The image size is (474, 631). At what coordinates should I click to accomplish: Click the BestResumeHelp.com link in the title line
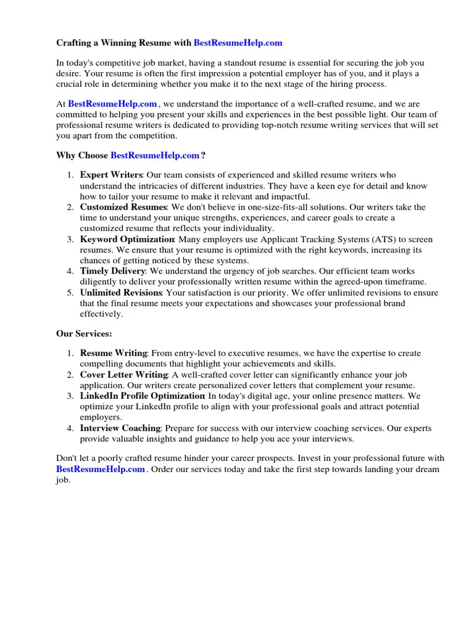tap(238, 43)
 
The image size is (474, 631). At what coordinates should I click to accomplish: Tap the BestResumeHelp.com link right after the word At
tap(112, 104)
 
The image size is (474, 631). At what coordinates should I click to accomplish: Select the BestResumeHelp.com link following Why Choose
tap(155, 155)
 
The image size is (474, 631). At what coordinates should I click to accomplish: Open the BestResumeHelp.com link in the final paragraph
tap(101, 469)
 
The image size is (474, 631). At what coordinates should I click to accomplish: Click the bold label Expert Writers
tap(111, 175)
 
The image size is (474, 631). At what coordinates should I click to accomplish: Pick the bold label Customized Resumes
tap(123, 207)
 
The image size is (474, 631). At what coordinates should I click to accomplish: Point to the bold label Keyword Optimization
tap(127, 239)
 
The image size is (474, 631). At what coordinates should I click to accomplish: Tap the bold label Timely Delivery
tap(112, 271)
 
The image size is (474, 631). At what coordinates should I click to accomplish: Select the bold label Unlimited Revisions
tap(121, 292)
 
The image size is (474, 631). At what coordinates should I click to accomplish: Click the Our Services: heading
tap(84, 333)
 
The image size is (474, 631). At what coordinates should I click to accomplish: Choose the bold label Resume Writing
tap(114, 353)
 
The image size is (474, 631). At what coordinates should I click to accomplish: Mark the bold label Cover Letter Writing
tap(123, 375)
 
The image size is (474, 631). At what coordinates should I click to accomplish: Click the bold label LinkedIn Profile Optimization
tap(142, 396)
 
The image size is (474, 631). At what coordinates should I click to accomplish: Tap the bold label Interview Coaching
tap(120, 428)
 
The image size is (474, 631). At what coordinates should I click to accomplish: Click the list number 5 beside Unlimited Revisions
tap(70, 292)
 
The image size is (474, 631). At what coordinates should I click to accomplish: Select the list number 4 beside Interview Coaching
tap(70, 428)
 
